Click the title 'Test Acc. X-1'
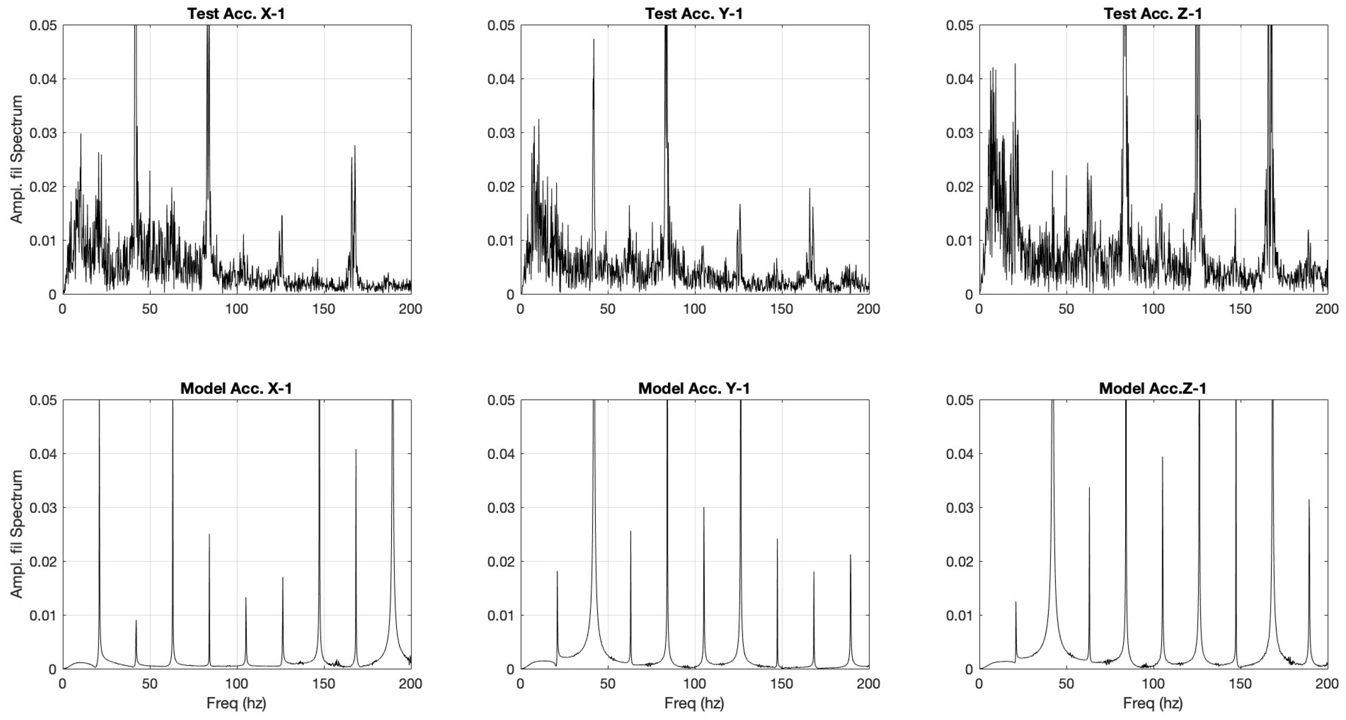pos(236,13)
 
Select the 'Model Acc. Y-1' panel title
pos(694,389)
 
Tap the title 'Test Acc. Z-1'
pos(1152,13)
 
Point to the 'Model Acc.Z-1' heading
pos(1152,389)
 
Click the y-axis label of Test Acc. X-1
pos(17,159)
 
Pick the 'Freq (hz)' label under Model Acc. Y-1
pos(694,703)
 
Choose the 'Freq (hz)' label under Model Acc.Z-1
pos(1152,703)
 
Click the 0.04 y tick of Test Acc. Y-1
pos(501,79)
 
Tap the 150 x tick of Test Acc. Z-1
pos(1240,309)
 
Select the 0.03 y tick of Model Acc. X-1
pos(42,508)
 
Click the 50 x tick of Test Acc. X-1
pos(149,309)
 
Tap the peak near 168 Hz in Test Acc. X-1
pos(355,146)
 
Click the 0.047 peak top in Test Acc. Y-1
pos(594,39)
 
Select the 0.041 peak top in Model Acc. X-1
pos(356,449)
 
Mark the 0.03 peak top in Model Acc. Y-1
pos(703,507)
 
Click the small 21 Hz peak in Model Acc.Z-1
pos(1016,602)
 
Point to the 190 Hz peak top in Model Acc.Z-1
pos(1309,500)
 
